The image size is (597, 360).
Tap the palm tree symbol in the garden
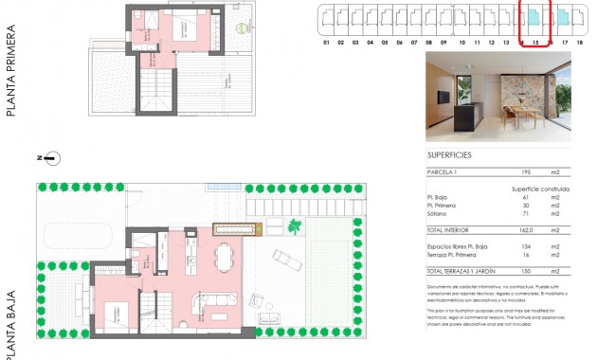click(x=295, y=226)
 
